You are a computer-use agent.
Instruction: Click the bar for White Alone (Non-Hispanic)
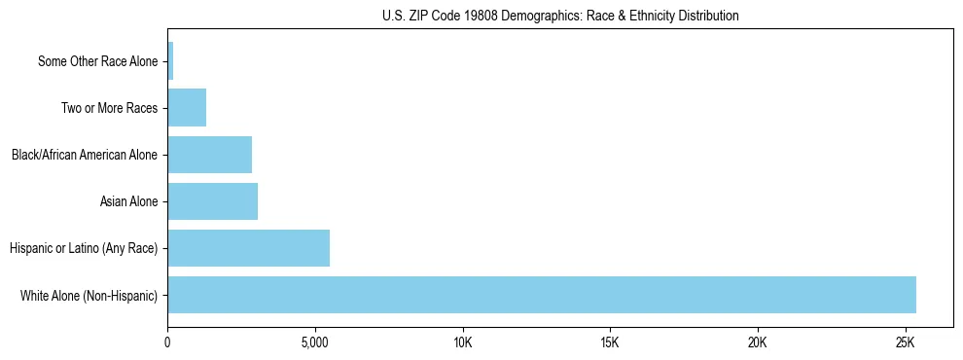click(x=542, y=295)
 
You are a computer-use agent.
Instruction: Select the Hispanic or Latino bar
click(x=249, y=248)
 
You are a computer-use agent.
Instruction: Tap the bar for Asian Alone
click(x=213, y=201)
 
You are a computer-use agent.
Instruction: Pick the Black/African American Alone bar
click(x=210, y=155)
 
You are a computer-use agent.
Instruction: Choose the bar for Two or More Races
click(x=187, y=108)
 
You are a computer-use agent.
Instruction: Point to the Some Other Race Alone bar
click(x=170, y=61)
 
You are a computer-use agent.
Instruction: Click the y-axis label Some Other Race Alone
click(x=97, y=61)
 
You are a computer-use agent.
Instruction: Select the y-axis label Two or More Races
click(x=109, y=108)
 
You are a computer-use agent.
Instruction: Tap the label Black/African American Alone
click(x=85, y=155)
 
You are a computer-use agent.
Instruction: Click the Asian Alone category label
click(x=128, y=201)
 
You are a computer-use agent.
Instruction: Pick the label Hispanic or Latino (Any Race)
click(x=84, y=248)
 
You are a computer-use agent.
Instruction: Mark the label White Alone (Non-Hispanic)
click(x=89, y=295)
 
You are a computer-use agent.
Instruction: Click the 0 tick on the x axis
click(x=167, y=342)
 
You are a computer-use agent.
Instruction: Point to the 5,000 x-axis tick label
click(x=315, y=342)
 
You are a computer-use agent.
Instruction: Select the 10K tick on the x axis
click(x=462, y=342)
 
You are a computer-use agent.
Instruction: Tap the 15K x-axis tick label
click(x=610, y=342)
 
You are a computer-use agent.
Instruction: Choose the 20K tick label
click(x=757, y=342)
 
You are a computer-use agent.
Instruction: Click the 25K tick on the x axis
click(x=905, y=342)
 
